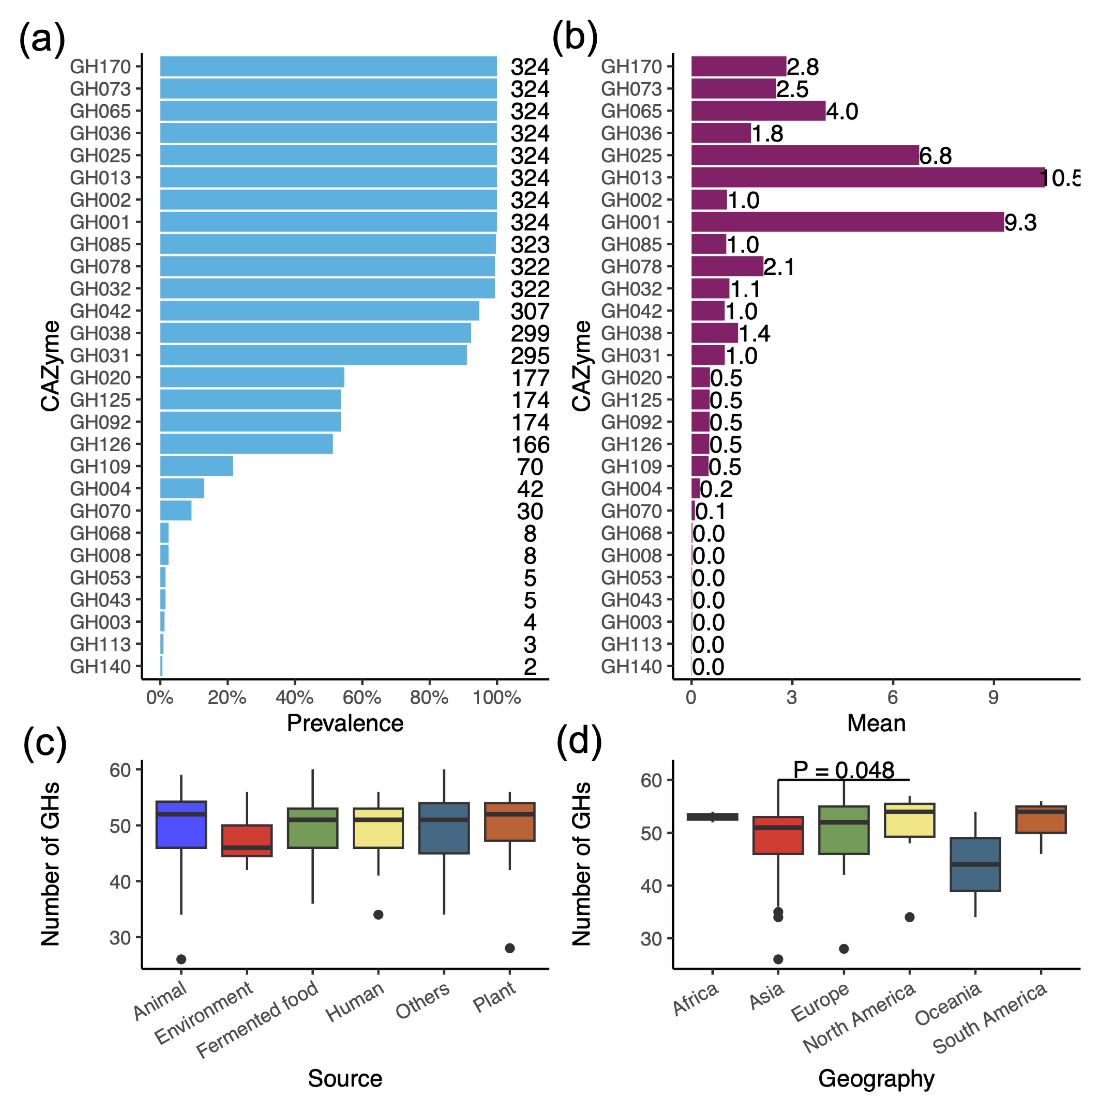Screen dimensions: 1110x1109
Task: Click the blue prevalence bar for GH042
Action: [x=319, y=311]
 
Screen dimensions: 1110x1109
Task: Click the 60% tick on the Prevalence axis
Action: [x=362, y=698]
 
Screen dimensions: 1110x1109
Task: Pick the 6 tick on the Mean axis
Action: [x=892, y=698]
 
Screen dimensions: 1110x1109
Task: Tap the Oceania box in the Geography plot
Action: [x=975, y=864]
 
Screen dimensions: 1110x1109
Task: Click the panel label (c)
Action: [x=45, y=743]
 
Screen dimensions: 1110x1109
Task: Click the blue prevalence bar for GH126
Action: [x=246, y=444]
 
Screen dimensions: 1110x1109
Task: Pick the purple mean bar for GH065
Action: [x=758, y=111]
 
